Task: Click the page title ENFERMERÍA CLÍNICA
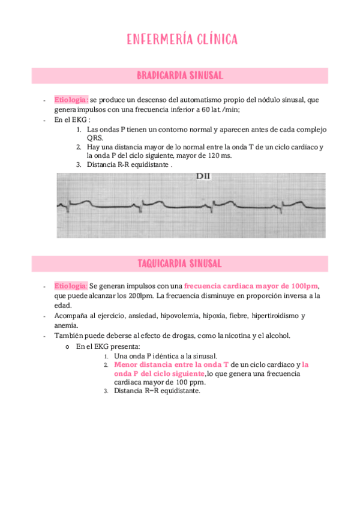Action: (182, 40)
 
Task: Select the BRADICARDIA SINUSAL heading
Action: (180, 76)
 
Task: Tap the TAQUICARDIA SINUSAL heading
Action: (180, 264)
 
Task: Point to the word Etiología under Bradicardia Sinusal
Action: (71, 100)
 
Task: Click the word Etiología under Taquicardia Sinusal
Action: (71, 286)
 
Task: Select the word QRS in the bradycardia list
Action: (95, 137)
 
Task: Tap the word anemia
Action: (66, 325)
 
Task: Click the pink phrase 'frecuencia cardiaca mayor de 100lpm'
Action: (250, 286)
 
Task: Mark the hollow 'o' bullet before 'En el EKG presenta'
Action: (67, 346)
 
